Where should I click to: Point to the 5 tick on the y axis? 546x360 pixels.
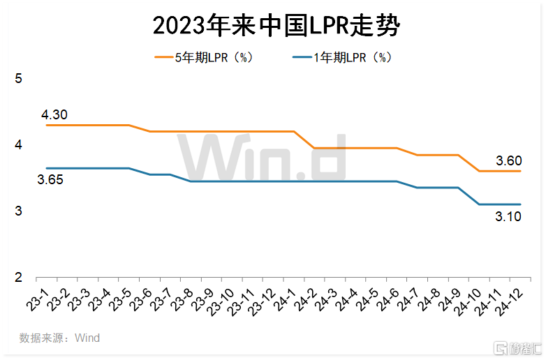19,78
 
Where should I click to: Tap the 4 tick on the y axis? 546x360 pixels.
19,145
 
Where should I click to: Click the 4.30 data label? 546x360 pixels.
54,115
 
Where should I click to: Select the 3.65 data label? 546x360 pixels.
50,180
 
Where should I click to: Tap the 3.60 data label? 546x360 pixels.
509,161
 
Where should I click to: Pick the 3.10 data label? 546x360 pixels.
509,217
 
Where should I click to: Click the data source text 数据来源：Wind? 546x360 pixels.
59,338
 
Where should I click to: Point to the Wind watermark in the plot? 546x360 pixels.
260,156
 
